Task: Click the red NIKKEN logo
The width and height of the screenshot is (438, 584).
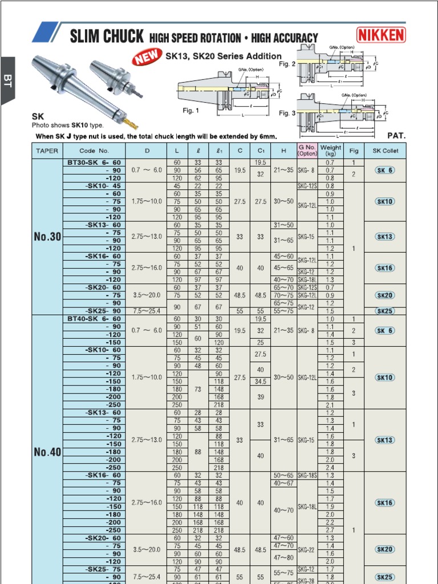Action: pos(382,35)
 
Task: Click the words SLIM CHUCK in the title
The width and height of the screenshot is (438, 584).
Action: pos(106,38)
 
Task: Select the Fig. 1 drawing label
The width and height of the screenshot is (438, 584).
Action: pos(190,111)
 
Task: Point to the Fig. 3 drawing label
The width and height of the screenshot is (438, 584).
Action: pos(287,113)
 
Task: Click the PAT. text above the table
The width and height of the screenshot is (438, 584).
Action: pos(396,136)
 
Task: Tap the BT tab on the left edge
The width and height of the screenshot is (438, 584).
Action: pos(7,80)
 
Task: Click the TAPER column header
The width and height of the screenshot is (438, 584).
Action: pos(47,151)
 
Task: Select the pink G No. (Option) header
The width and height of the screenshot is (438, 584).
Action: pos(307,151)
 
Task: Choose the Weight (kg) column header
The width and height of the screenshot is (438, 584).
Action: pos(330,151)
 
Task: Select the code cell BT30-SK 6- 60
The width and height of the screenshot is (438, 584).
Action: pos(94,163)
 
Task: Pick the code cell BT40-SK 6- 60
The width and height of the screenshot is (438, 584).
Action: pos(94,319)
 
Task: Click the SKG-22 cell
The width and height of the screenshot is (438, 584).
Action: pos(307,550)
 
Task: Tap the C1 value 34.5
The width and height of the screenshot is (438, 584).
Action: pos(261,381)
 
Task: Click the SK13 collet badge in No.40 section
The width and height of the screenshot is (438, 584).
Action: pos(385,440)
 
